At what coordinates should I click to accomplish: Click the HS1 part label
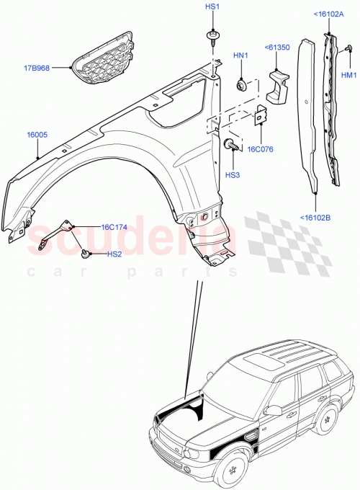point(212,7)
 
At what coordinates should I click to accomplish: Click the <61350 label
point(276,48)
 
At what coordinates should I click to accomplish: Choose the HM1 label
point(348,75)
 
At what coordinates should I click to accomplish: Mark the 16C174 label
point(114,226)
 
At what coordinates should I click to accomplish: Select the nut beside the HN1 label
point(242,85)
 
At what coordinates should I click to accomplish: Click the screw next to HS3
point(231,145)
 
